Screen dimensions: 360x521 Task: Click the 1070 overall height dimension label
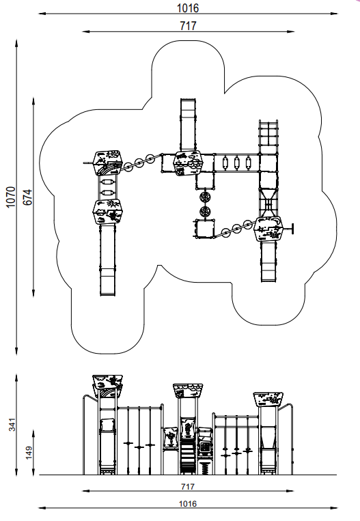tap(11, 197)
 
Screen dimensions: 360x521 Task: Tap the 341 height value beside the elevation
tap(12, 425)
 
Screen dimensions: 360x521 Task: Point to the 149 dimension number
tap(29, 452)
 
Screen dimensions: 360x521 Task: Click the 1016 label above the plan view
tap(188, 8)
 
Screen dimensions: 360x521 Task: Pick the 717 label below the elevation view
tap(188, 486)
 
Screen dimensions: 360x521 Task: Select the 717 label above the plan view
tap(188, 25)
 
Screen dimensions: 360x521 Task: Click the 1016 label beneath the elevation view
tap(188, 504)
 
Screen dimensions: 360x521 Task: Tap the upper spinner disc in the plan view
tap(205, 197)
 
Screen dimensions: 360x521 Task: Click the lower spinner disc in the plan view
tap(205, 211)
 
